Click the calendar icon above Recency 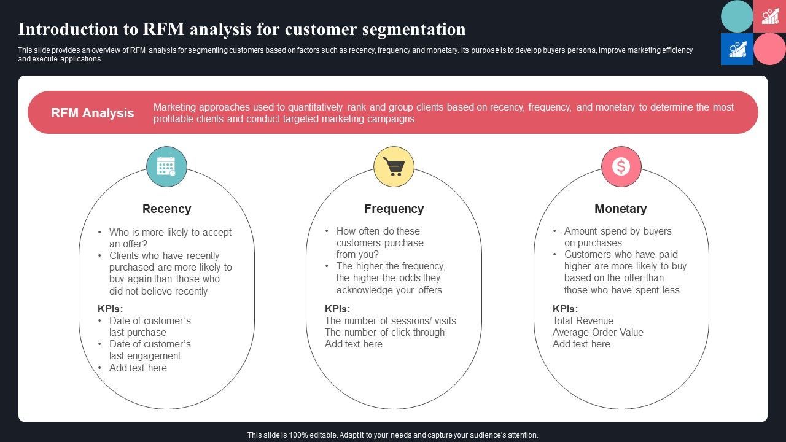166,166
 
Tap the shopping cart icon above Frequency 394,166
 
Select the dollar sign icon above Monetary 621,166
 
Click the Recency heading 166,209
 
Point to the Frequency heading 394,209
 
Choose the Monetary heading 620,209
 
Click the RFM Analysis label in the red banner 92,113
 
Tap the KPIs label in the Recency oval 109,309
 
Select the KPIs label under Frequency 337,309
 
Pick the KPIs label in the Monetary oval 565,309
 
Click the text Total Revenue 583,320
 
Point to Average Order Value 597,332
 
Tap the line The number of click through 384,332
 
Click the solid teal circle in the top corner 737,17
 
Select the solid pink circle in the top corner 769,49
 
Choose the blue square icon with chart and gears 737,49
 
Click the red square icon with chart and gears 769,17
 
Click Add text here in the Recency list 138,368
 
